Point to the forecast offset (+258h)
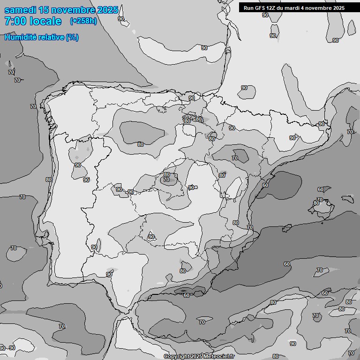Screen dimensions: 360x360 pyautogui.click(x=83, y=21)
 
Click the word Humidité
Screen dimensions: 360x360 pyautogui.click(x=22, y=37)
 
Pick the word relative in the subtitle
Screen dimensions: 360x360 pyautogui.click(x=52, y=37)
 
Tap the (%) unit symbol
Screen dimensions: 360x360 pyautogui.click(x=72, y=37)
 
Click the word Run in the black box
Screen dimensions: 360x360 pyautogui.click(x=248, y=8)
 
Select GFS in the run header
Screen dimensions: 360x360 pyautogui.click(x=260, y=8)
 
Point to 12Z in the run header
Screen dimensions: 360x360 pyautogui.click(x=272, y=8)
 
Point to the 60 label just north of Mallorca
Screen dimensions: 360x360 pyautogui.click(x=320, y=189)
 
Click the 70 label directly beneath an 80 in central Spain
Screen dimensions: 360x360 pyautogui.click(x=166, y=180)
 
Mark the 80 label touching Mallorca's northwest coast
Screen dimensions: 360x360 pyautogui.click(x=316, y=203)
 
